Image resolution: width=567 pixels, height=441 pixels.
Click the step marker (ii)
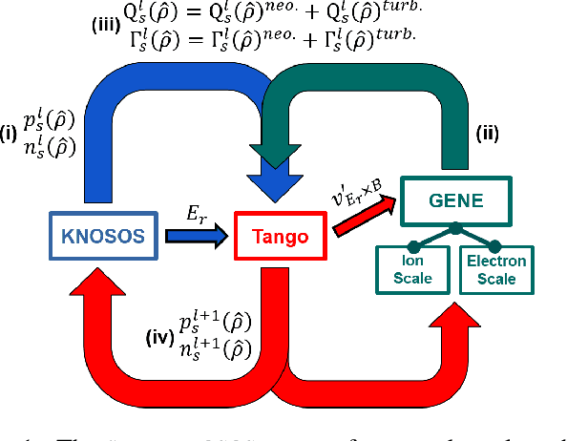coord(487,135)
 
